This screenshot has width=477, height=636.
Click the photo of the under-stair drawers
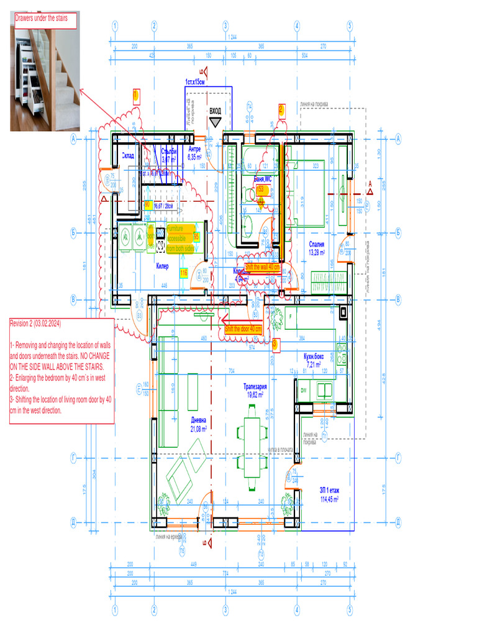click(x=45, y=78)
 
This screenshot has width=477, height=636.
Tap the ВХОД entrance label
click(x=216, y=111)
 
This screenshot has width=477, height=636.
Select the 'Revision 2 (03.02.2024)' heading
click(x=35, y=324)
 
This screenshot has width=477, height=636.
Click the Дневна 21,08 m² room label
click(x=199, y=424)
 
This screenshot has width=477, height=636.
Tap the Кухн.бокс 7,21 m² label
click(x=314, y=360)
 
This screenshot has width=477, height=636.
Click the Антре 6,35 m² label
click(x=194, y=153)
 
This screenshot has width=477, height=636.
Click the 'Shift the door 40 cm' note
click(x=243, y=329)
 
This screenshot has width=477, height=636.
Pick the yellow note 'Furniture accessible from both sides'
click(x=179, y=238)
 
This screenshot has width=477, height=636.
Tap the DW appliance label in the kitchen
click(x=304, y=390)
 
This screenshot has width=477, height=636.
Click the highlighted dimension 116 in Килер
click(x=184, y=273)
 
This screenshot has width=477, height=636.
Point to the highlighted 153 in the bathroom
click(x=261, y=189)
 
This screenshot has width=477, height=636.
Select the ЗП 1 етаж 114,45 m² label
click(x=329, y=494)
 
